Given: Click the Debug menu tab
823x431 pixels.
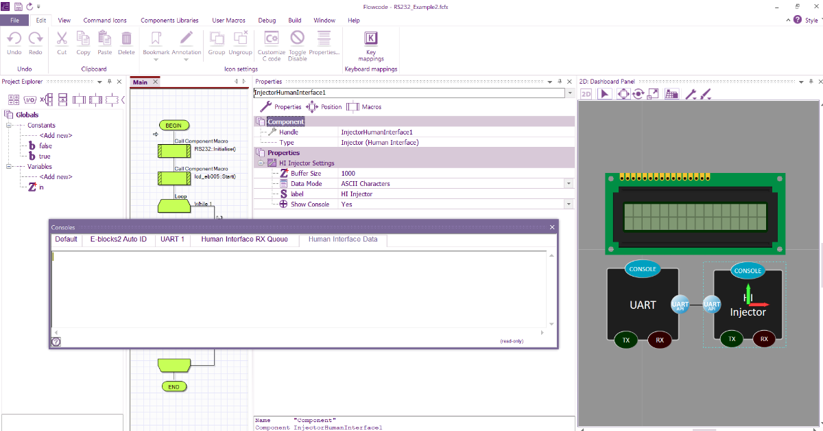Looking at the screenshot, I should click(267, 21).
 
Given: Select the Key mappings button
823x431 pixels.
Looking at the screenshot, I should click(371, 45).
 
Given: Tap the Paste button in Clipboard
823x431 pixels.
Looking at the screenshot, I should click(105, 43).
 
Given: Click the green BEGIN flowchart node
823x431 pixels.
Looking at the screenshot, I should click(174, 126).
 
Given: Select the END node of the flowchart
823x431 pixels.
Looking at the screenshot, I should click(174, 387).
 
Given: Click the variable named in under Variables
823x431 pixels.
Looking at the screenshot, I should click(41, 187).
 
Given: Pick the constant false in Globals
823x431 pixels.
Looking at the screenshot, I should click(45, 146).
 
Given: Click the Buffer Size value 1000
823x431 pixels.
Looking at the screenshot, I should click(348, 174).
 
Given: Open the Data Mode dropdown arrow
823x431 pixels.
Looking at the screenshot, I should click(568, 184).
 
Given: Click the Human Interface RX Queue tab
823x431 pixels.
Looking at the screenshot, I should click(245, 240).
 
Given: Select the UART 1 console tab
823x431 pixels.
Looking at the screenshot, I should click(172, 240).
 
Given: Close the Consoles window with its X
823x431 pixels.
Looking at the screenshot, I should click(552, 227).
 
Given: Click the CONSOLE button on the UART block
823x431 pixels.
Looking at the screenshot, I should click(643, 269).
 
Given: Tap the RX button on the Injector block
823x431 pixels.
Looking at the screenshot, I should click(764, 339).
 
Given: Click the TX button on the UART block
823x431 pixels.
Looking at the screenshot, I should click(625, 340).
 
